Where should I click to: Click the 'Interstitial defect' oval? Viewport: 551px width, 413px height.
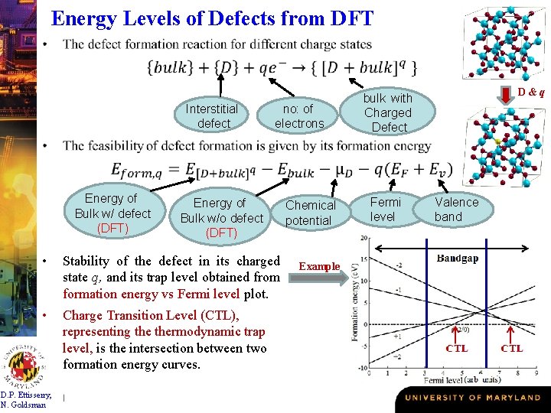(212, 115)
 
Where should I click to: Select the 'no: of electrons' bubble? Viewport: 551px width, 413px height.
(299, 115)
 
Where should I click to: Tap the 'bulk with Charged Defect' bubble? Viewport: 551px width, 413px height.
(388, 112)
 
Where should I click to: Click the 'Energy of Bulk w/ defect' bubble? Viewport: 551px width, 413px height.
(112, 213)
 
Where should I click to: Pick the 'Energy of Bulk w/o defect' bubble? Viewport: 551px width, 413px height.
(221, 217)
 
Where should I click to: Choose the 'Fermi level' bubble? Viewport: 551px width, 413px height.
(386, 210)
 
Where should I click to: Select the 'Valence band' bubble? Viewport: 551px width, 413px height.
(456, 210)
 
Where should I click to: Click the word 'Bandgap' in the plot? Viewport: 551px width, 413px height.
(458, 259)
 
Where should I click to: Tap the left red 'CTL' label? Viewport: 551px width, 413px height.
(457, 348)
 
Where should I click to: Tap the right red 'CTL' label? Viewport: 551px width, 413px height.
(512, 348)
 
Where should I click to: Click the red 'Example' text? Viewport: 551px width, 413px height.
(319, 266)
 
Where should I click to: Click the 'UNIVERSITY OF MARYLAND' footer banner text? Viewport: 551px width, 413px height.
(472, 398)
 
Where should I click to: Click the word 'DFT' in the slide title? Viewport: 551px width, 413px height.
(348, 18)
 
